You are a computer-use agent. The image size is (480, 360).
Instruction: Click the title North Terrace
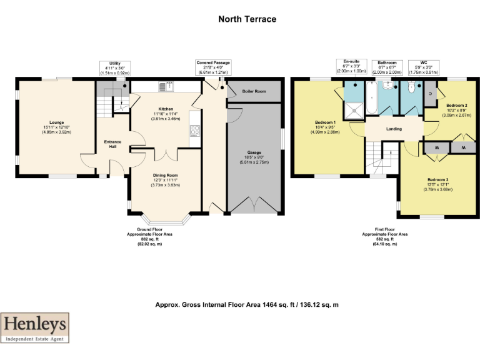(247, 19)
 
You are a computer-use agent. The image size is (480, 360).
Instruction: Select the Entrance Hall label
(112, 144)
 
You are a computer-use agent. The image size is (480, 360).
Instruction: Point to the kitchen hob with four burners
(194, 131)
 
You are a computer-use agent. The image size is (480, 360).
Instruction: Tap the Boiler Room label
(254, 91)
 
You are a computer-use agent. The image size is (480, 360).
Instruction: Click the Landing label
(394, 129)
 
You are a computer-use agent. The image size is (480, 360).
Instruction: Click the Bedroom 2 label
(457, 106)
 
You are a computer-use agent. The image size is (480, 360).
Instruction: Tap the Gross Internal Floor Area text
(247, 305)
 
